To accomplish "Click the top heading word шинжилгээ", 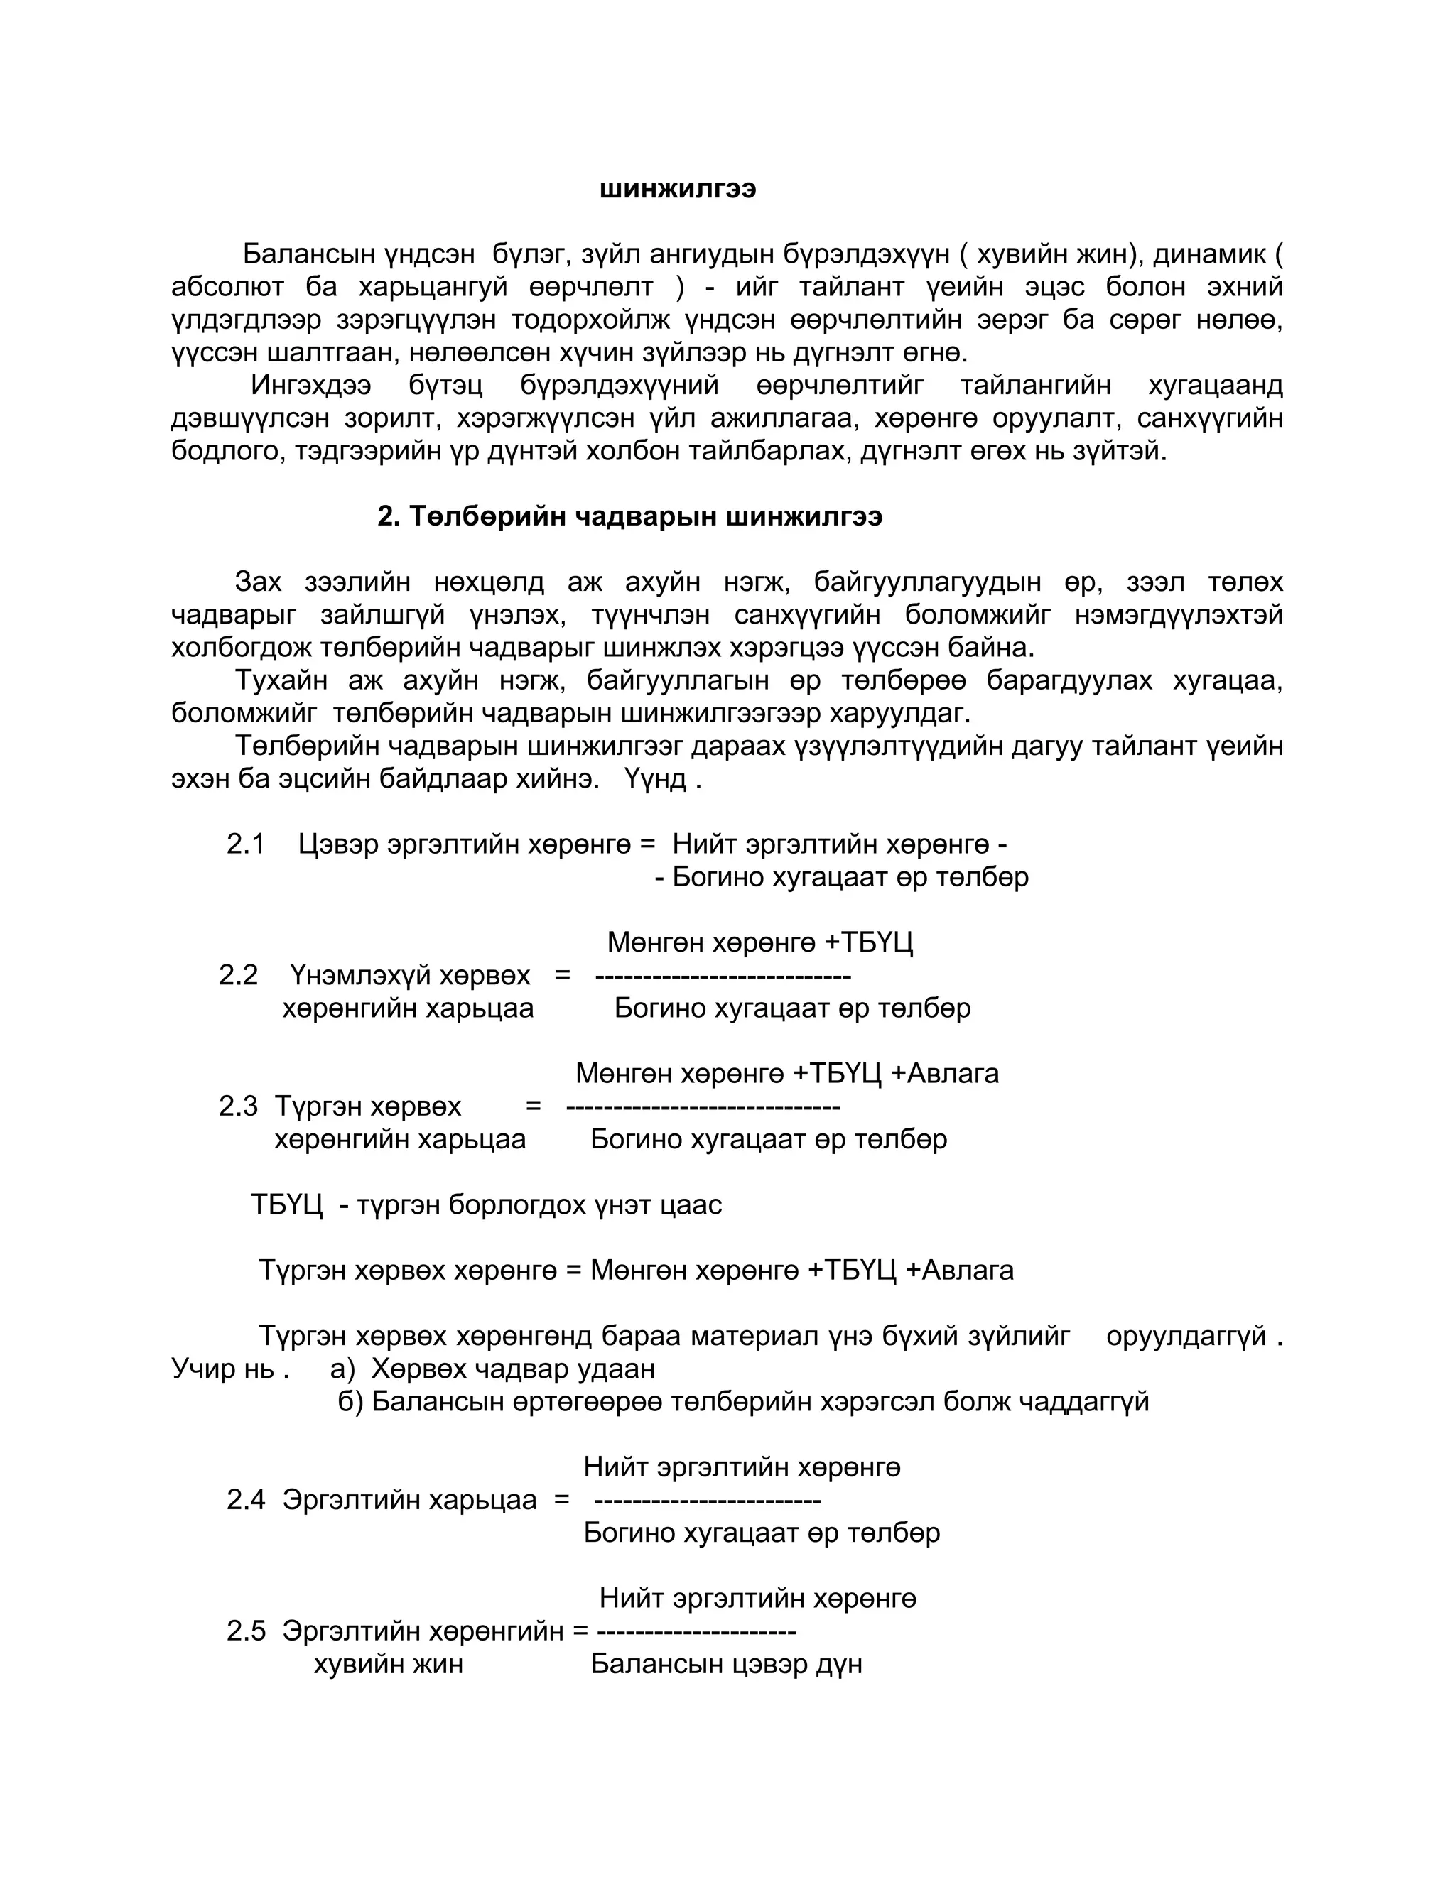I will pos(678,190).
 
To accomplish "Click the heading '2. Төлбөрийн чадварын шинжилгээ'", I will pos(629,517).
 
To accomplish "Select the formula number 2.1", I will pos(246,844).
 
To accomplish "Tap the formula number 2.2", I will pos(238,976).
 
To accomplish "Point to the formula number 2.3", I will pos(238,1106).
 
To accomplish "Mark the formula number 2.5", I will pos(246,1631).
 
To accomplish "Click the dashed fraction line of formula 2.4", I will pos(708,1501).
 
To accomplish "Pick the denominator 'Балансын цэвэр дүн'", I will pos(726,1664).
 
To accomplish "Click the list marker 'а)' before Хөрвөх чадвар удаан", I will pos(342,1369).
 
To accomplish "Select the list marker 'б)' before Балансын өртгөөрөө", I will pos(350,1402).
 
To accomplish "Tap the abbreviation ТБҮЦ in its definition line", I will pos(286,1204).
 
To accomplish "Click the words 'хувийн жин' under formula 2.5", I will pos(388,1664).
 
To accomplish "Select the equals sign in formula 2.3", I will pos(533,1106).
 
